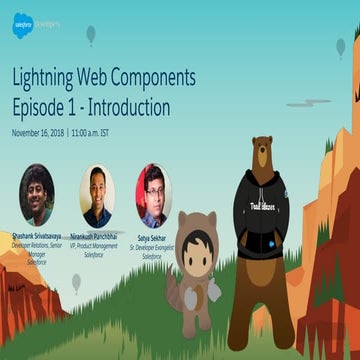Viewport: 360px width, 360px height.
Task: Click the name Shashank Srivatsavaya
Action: point(37,236)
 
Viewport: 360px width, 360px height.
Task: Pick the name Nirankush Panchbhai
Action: point(97,236)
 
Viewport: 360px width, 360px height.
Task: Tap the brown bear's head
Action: point(263,153)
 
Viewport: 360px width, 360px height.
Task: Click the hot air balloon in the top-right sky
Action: point(341,46)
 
